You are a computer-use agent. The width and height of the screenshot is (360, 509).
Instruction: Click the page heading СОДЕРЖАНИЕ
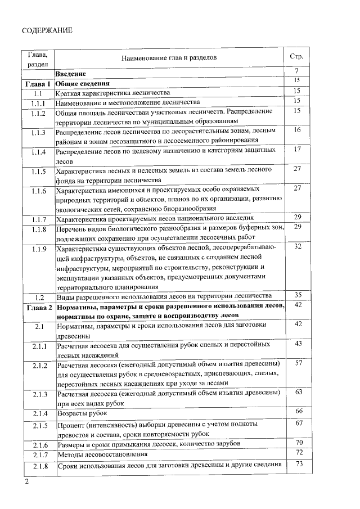click(48, 30)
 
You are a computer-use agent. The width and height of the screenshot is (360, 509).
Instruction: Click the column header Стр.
click(296, 57)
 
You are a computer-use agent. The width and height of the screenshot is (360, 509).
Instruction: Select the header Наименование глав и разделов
click(169, 57)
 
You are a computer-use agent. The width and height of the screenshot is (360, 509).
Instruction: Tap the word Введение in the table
click(70, 74)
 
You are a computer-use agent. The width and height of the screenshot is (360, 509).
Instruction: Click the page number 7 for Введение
click(296, 71)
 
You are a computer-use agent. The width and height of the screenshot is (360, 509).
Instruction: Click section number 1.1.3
click(38, 133)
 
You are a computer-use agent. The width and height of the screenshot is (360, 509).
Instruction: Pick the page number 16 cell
click(298, 130)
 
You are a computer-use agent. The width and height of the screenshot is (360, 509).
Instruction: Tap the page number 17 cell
click(298, 149)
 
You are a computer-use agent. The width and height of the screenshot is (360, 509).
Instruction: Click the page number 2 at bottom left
click(25, 483)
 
